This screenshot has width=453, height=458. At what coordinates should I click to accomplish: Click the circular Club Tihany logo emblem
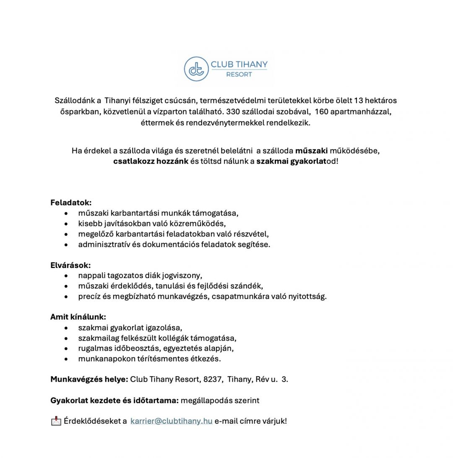pos(196,69)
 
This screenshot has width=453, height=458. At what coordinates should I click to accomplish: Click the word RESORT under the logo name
pos(239,74)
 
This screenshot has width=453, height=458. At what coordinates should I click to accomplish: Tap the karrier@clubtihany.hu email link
pos(171,421)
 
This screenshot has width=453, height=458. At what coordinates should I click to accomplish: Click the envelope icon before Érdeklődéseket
pos(56,421)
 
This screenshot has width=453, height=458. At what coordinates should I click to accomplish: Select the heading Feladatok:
pos(71,203)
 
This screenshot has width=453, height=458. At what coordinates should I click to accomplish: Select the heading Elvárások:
pos(70,265)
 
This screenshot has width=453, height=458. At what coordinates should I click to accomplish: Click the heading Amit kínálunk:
pos(78,317)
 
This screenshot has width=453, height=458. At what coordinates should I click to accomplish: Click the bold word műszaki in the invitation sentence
pos(311,151)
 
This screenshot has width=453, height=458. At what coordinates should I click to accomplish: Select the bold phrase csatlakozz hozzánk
pos(151,161)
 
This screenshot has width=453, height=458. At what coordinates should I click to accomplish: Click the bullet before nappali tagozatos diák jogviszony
pos(66,276)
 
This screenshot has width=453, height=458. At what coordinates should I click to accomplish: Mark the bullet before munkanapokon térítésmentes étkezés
pos(66,359)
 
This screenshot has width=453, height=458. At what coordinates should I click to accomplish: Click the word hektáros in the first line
pos(381,101)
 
